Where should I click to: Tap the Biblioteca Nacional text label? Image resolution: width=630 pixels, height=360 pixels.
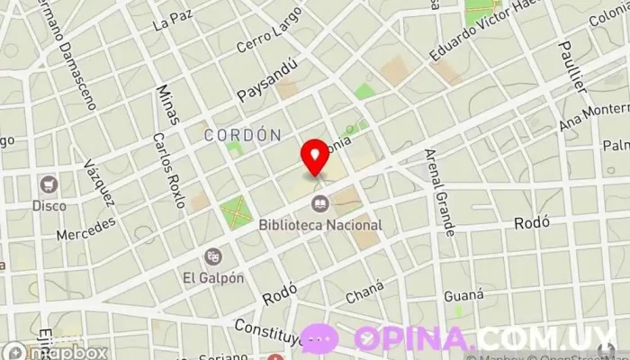pyautogui.click(x=319, y=225)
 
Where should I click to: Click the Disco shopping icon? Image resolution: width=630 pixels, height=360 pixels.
pyautogui.click(x=49, y=185)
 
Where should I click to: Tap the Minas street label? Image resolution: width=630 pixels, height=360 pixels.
pyautogui.click(x=167, y=104)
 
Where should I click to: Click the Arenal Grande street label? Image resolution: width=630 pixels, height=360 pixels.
pyautogui.click(x=440, y=192)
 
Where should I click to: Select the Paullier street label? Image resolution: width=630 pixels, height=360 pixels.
pyautogui.click(x=571, y=67)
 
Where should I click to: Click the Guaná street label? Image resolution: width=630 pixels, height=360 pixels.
pyautogui.click(x=463, y=293)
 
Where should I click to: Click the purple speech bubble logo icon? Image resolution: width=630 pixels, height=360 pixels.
pyautogui.click(x=321, y=339)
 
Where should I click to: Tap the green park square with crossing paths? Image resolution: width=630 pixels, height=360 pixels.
pyautogui.click(x=237, y=213)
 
